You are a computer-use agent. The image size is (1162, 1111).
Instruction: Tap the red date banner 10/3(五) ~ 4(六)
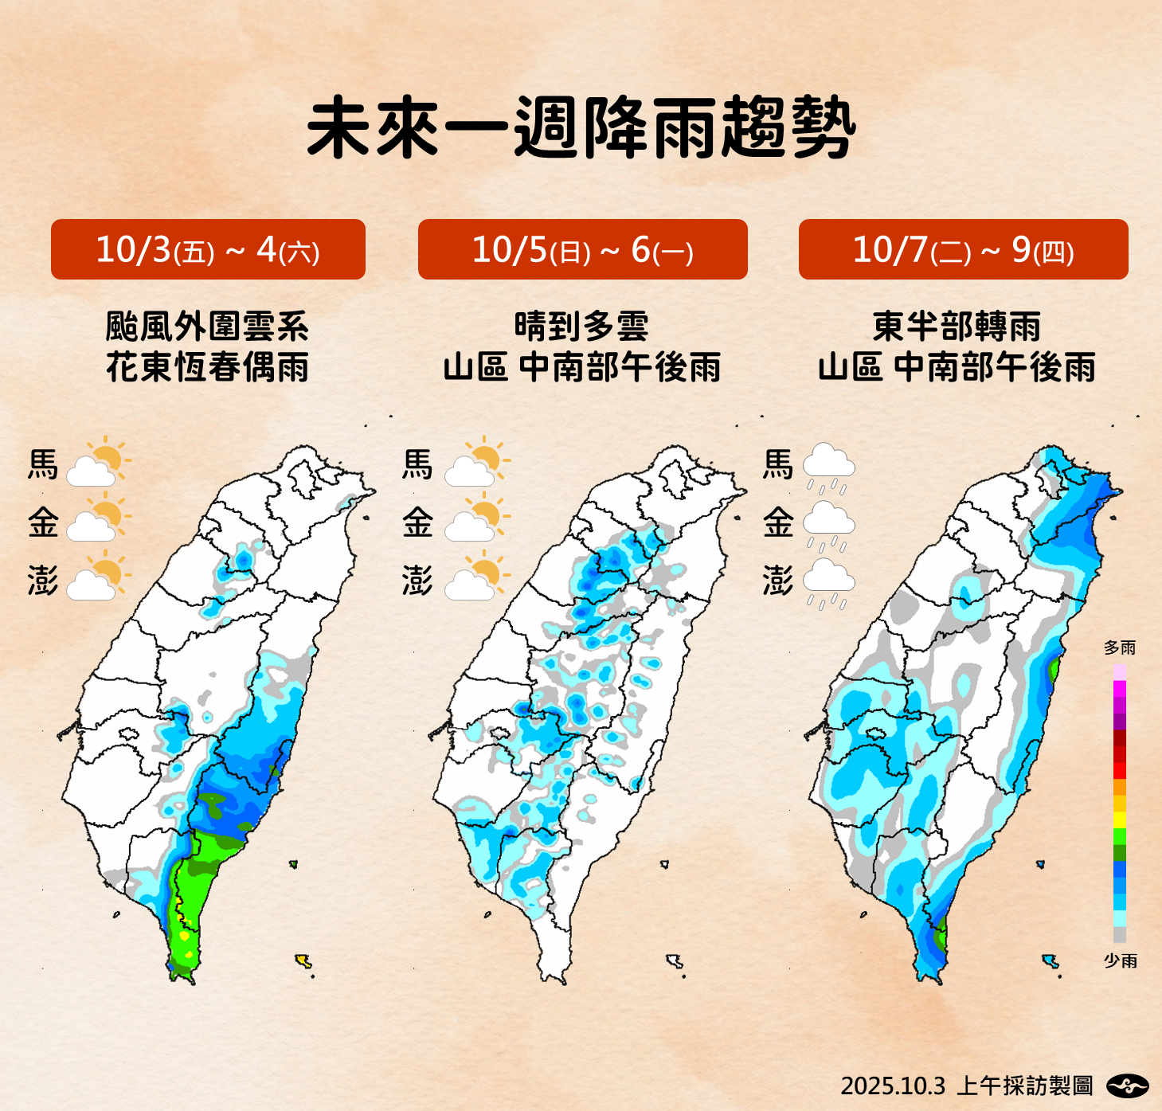pyautogui.click(x=208, y=249)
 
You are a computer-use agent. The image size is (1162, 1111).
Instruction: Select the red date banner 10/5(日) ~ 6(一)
pyautogui.click(x=582, y=249)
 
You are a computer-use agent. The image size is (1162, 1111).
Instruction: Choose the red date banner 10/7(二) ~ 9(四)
pyautogui.click(x=963, y=249)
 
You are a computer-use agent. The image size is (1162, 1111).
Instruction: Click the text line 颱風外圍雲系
pyautogui.click(x=207, y=327)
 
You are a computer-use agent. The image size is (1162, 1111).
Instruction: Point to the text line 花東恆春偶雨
pyautogui.click(x=207, y=367)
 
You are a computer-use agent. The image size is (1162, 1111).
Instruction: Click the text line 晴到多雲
pyautogui.click(x=581, y=327)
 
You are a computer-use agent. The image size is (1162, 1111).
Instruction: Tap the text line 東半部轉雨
pyautogui.click(x=957, y=327)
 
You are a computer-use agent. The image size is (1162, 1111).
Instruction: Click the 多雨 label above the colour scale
pyautogui.click(x=1119, y=647)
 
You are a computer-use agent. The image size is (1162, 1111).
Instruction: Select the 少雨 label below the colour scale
pyautogui.click(x=1120, y=960)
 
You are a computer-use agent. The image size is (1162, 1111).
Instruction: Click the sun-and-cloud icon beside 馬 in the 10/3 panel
pyautogui.click(x=98, y=462)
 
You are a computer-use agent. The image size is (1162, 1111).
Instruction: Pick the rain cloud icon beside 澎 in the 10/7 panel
pyautogui.click(x=828, y=582)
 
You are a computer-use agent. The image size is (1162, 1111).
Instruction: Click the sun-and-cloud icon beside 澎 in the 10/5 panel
pyautogui.click(x=476, y=577)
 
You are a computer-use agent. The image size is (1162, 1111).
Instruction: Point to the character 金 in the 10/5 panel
pyautogui.click(x=417, y=523)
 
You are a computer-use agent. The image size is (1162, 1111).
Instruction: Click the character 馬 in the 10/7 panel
pyautogui.click(x=778, y=464)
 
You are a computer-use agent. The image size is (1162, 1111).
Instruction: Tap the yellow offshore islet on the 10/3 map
pyautogui.click(x=303, y=961)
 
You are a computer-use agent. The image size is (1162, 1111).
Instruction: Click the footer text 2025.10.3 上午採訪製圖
pyautogui.click(x=966, y=1086)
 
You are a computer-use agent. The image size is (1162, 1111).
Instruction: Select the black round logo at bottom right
pyautogui.click(x=1128, y=1085)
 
